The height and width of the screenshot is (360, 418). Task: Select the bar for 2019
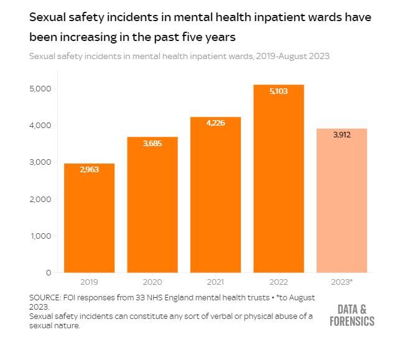tap(89, 218)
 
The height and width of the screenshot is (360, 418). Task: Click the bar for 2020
tap(152, 205)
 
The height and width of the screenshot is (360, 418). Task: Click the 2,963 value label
tap(89, 169)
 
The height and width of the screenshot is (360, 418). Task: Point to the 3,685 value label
tap(152, 144)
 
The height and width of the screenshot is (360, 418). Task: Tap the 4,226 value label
tap(215, 123)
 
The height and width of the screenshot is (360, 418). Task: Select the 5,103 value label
tap(279, 91)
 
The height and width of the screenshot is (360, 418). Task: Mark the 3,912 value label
tap(341, 134)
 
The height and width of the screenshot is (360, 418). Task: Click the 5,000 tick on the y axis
tap(40, 88)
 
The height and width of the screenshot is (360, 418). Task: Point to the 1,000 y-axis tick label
tap(40, 236)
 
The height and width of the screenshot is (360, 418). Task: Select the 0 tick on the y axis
tap(49, 272)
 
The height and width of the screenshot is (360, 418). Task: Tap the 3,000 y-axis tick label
tap(40, 162)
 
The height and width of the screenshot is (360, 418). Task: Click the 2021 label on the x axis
tap(215, 282)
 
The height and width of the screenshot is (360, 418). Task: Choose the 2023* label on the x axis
tap(341, 282)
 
